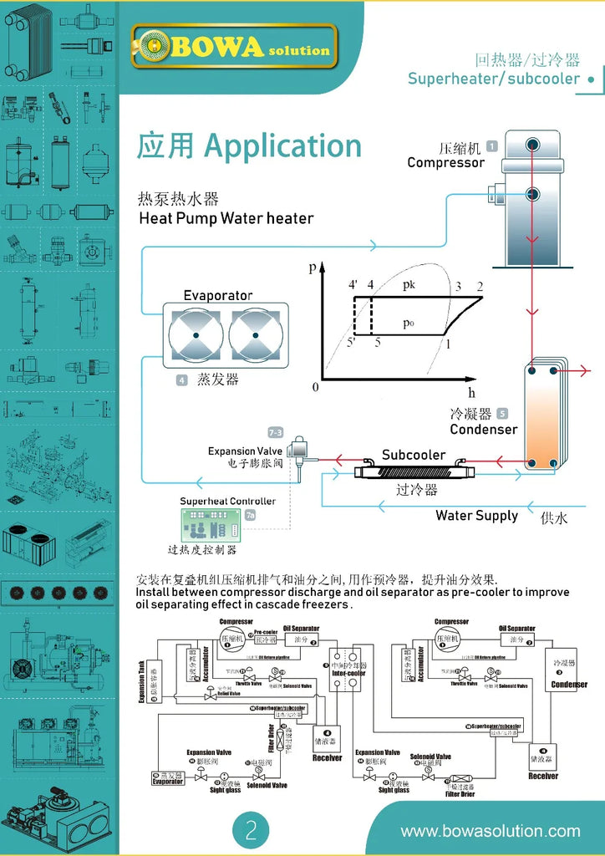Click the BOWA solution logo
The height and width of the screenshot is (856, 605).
(x=235, y=47)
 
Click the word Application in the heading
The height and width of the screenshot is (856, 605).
(x=283, y=146)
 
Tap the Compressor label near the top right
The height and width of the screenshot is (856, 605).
(x=445, y=162)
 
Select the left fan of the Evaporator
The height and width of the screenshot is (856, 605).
(x=196, y=336)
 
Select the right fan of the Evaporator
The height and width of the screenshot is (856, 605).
(x=257, y=336)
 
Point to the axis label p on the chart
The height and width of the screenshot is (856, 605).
(x=313, y=268)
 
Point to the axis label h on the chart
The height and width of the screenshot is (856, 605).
(x=472, y=392)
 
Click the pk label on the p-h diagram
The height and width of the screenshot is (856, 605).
(x=409, y=285)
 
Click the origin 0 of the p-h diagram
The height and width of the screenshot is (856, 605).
(x=315, y=387)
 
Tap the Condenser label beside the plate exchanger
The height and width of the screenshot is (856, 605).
(x=483, y=430)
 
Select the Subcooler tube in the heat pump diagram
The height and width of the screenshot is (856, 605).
(x=399, y=472)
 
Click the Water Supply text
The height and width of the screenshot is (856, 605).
(x=476, y=516)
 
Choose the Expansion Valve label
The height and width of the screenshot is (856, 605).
(x=245, y=451)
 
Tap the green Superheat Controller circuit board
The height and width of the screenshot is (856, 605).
(x=211, y=525)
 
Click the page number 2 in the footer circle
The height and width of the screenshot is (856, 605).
(x=252, y=830)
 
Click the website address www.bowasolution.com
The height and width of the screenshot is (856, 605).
(x=490, y=831)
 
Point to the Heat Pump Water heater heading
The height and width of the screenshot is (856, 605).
(x=226, y=219)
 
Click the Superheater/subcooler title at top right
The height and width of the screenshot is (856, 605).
(x=493, y=79)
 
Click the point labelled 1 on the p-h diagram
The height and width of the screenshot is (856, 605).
(x=448, y=343)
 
